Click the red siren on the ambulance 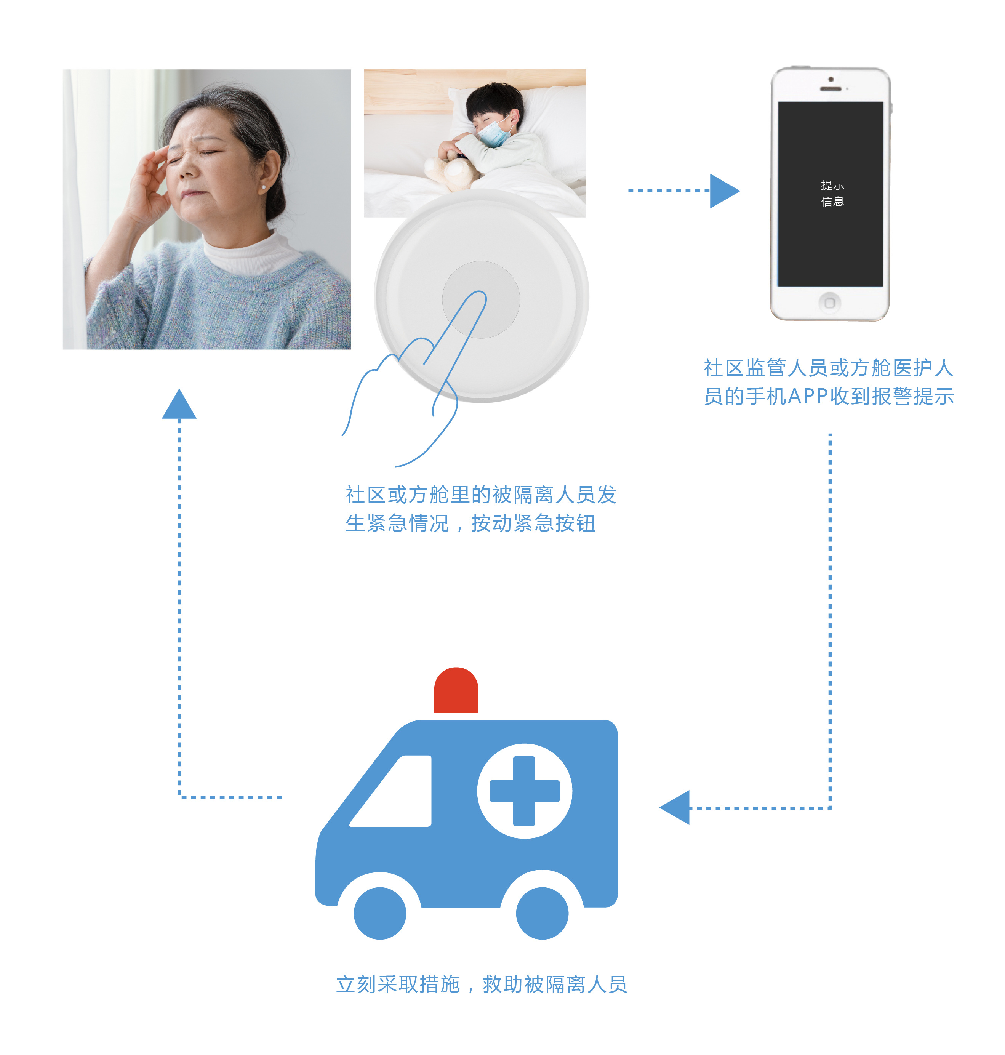pos(456,690)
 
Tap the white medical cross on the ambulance pos(525,791)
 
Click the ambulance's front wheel pos(380,913)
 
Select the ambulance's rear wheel pos(542,913)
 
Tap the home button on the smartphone pos(829,303)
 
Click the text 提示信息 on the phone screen pos(832,194)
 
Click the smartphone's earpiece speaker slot pos(831,89)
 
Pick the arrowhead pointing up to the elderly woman pos(179,403)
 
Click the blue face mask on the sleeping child pos(494,132)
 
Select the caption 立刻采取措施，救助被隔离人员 pos(482,984)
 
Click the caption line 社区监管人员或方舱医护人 pos(829,368)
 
